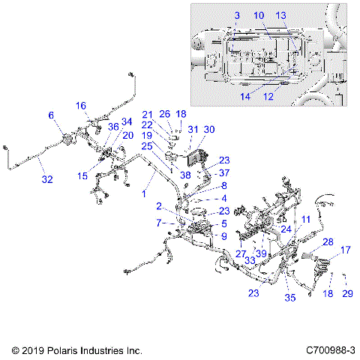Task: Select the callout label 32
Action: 46,180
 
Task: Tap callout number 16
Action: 81,106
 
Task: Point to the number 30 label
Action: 208,130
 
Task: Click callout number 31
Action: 193,130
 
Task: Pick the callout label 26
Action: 164,114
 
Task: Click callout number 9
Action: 223,236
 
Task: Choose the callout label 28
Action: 328,242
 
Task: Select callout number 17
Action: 346,250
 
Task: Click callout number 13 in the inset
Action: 280,15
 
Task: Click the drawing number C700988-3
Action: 331,350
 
